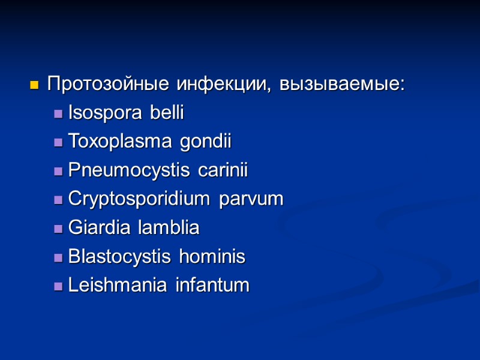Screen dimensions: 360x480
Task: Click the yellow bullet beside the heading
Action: (x=34, y=85)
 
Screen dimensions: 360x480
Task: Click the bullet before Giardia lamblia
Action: (x=58, y=229)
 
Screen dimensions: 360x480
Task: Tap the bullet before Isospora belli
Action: (x=58, y=114)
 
